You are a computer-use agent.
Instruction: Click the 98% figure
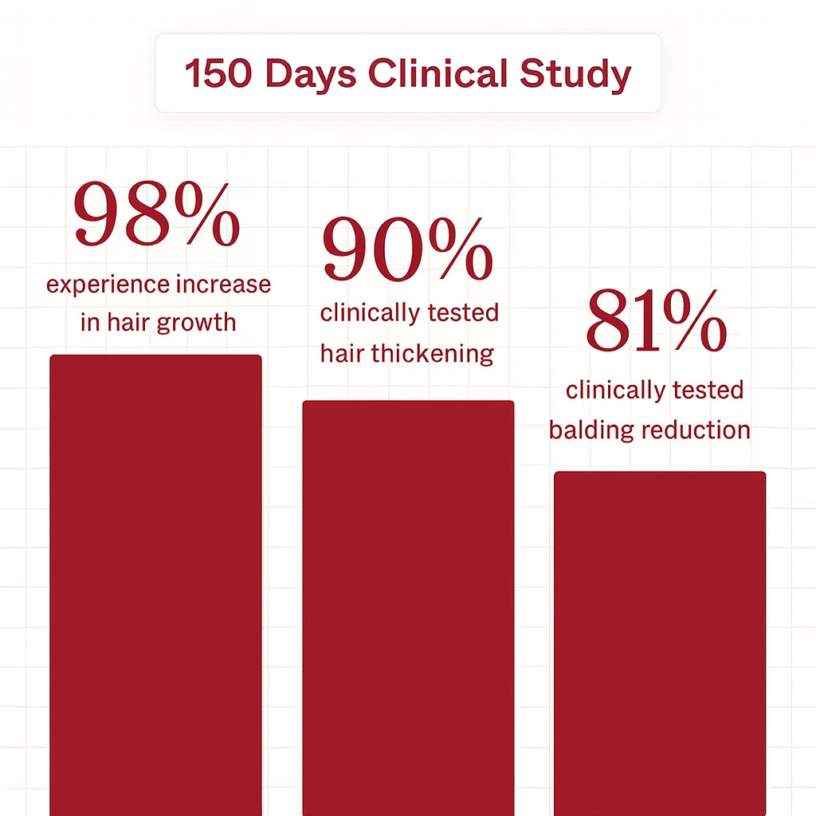[157, 216]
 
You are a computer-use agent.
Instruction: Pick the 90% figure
[406, 251]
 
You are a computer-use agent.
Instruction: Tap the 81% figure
[656, 324]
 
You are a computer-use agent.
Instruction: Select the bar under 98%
[155, 582]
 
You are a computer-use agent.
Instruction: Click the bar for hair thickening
[408, 606]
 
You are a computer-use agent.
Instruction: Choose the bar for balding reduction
[660, 637]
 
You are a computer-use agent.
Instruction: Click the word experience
[108, 285]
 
